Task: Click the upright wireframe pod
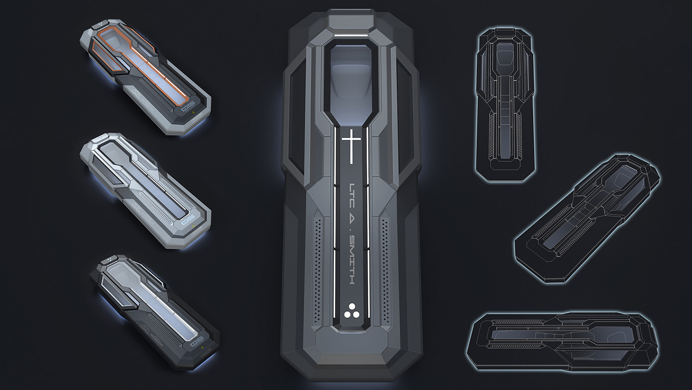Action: click(x=503, y=101)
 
